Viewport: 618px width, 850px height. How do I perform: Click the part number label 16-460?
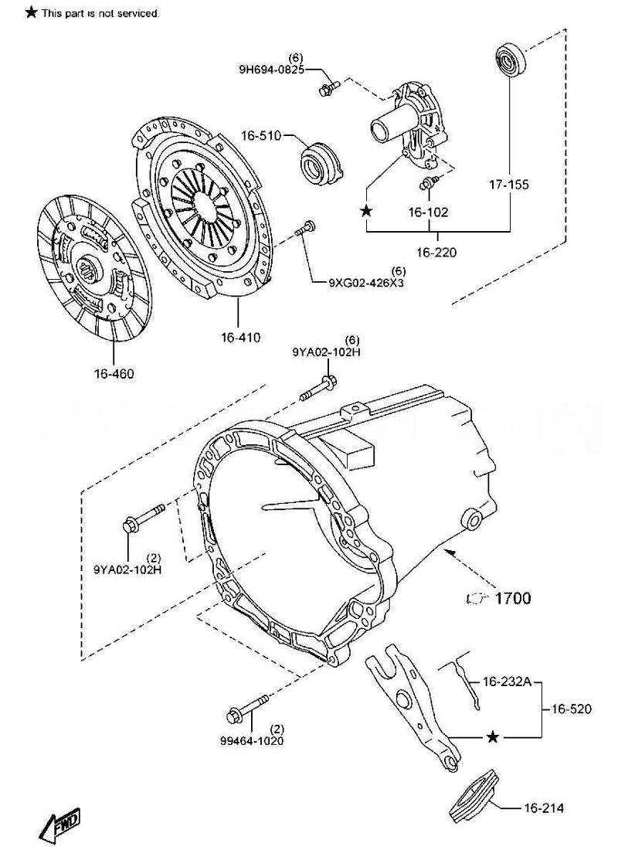(x=114, y=375)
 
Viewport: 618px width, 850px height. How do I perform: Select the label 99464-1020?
(x=251, y=739)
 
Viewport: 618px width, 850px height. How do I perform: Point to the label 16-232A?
(x=507, y=682)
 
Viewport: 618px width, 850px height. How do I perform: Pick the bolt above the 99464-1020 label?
(x=249, y=706)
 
